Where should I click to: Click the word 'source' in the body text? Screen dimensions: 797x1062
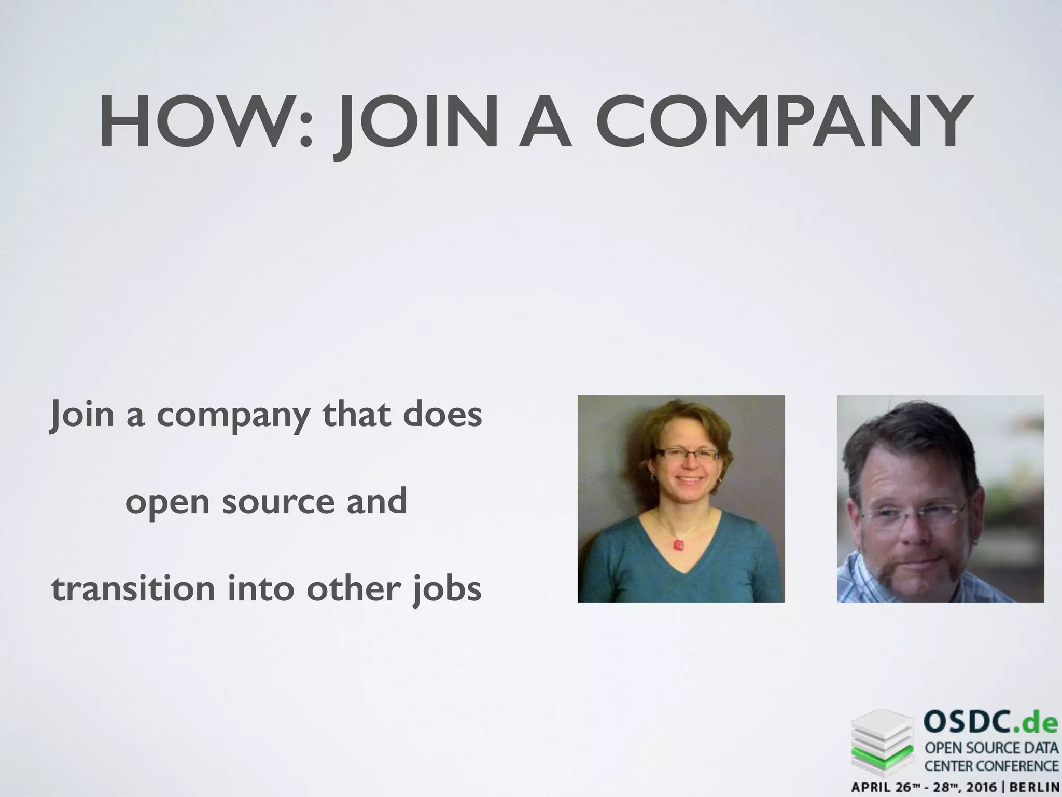278,502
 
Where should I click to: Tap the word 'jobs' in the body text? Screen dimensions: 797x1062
447,590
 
